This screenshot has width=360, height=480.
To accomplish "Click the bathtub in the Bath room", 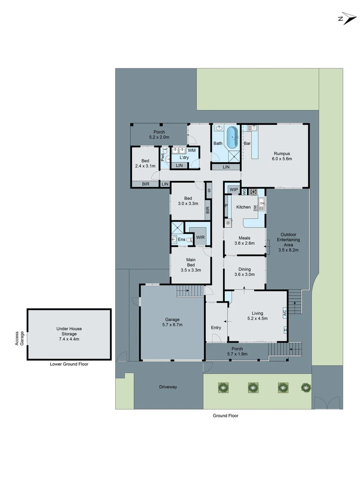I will pyautogui.click(x=232, y=139).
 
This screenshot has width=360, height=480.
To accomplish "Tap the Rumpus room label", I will pyautogui.click(x=282, y=156).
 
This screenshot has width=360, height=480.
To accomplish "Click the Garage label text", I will pyautogui.click(x=172, y=322).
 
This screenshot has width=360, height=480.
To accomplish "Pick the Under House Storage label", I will pyautogui.click(x=69, y=334).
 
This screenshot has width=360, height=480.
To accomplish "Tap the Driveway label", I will pyautogui.click(x=168, y=387).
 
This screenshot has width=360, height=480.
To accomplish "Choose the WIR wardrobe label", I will pyautogui.click(x=200, y=238).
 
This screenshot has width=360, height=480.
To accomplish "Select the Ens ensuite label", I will pyautogui.click(x=181, y=240).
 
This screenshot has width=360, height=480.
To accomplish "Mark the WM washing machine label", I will pyautogui.click(x=191, y=151).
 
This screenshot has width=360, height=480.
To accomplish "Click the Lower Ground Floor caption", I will pyautogui.click(x=69, y=364).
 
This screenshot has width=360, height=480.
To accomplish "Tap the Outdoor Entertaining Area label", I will pyautogui.click(x=288, y=242).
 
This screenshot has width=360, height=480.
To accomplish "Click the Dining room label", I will pyautogui.click(x=244, y=272).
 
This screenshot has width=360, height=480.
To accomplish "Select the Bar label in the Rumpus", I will pyautogui.click(x=247, y=144).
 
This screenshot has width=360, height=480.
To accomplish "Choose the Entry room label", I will pyautogui.click(x=216, y=328).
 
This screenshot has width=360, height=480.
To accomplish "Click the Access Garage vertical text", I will pyautogui.click(x=19, y=338).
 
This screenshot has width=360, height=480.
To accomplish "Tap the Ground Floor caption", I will pyautogui.click(x=225, y=416).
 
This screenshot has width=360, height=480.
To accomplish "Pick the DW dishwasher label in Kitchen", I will pyautogui.click(x=255, y=208).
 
